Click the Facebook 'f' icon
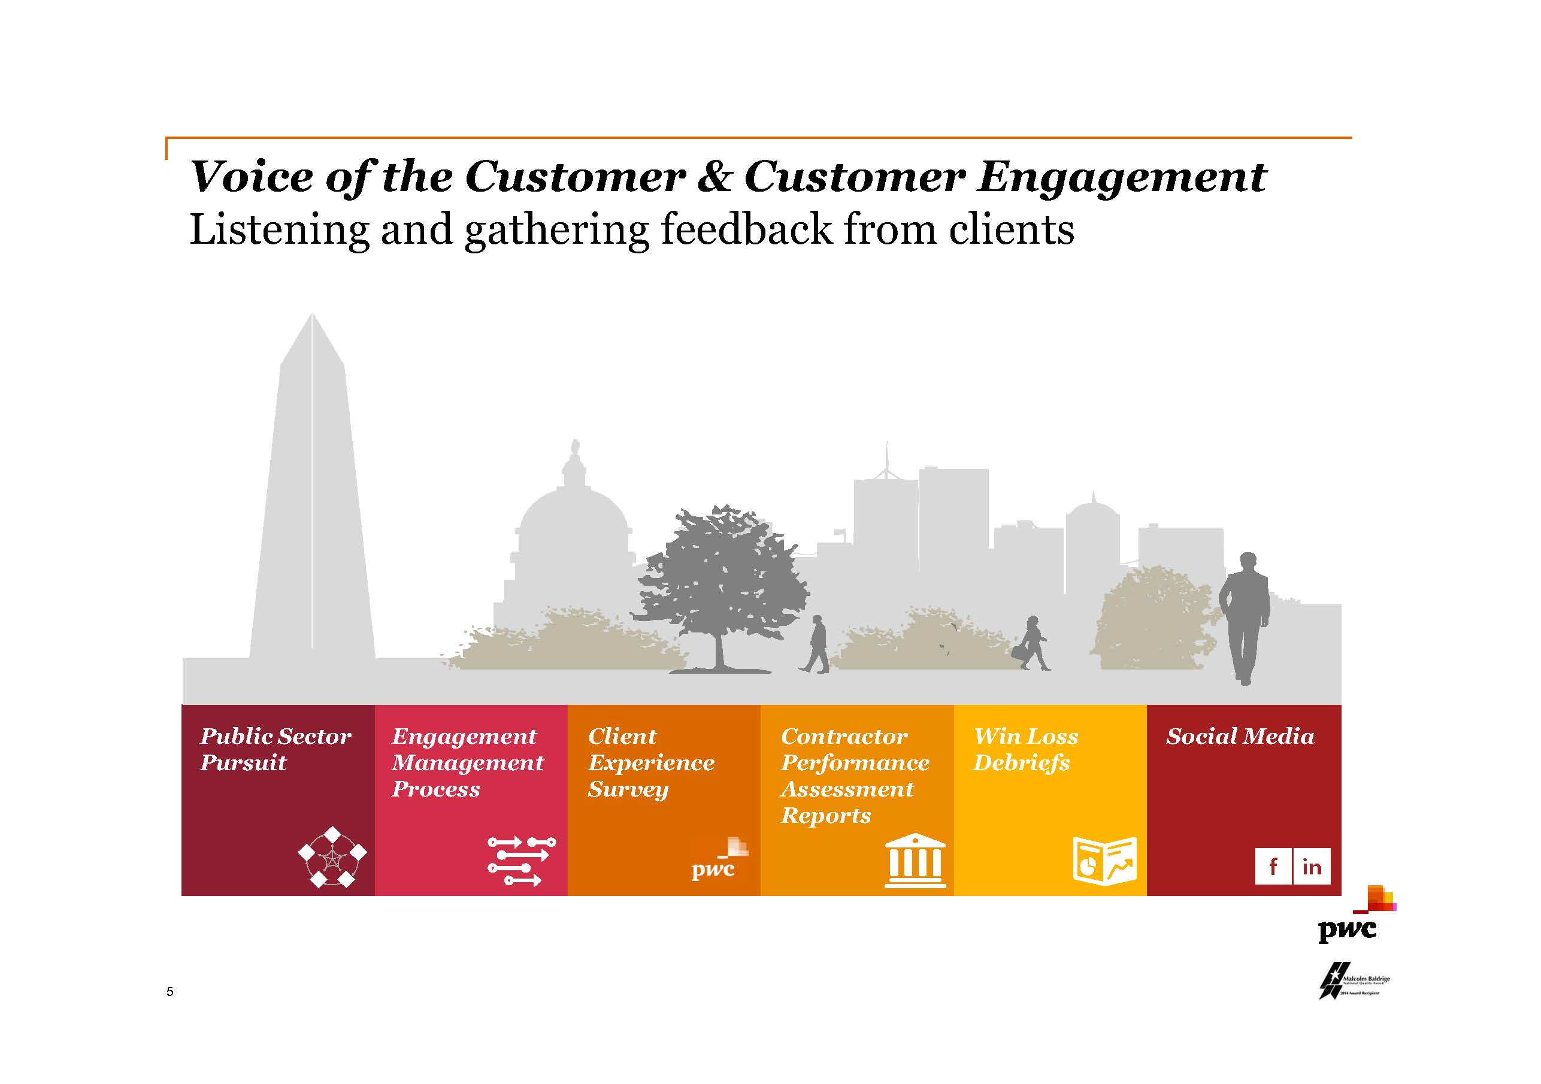click(1273, 866)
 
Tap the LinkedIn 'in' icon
click(1312, 866)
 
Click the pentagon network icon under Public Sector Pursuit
click(332, 856)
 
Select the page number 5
click(170, 991)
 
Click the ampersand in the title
click(714, 177)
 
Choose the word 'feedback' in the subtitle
click(746, 229)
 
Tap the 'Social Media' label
click(1240, 736)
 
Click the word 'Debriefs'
click(1021, 763)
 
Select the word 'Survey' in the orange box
click(628, 790)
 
